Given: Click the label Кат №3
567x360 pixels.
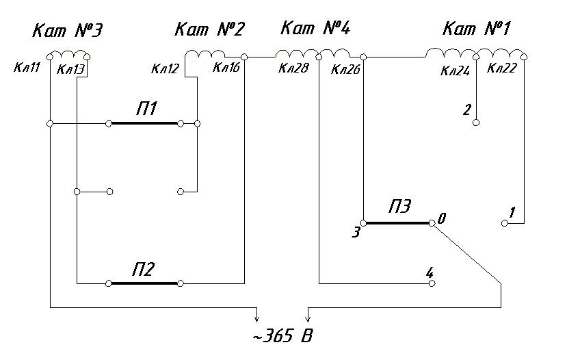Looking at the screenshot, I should coord(68,31).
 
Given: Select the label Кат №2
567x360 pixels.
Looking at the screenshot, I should coord(210,29).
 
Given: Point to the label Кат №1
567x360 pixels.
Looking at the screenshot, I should coord(477,29).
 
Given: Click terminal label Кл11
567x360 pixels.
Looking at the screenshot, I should coord(27,68).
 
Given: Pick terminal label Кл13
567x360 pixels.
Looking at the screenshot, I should coord(70,68).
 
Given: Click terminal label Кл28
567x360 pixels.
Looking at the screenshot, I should coord(292,68).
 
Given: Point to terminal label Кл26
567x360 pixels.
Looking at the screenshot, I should coord(346,68).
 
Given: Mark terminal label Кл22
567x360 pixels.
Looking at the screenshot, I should coord(502,68).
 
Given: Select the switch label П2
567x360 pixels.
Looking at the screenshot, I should coord(144,269).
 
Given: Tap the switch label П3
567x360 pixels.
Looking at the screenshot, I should coord(401,207).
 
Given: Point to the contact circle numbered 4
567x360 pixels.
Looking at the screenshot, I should coord(432,283).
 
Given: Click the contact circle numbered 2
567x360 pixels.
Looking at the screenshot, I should coord(476,123).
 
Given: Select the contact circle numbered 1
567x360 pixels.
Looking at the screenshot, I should coord(505,223).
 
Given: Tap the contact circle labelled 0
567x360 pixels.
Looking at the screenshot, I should coord(432,223).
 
